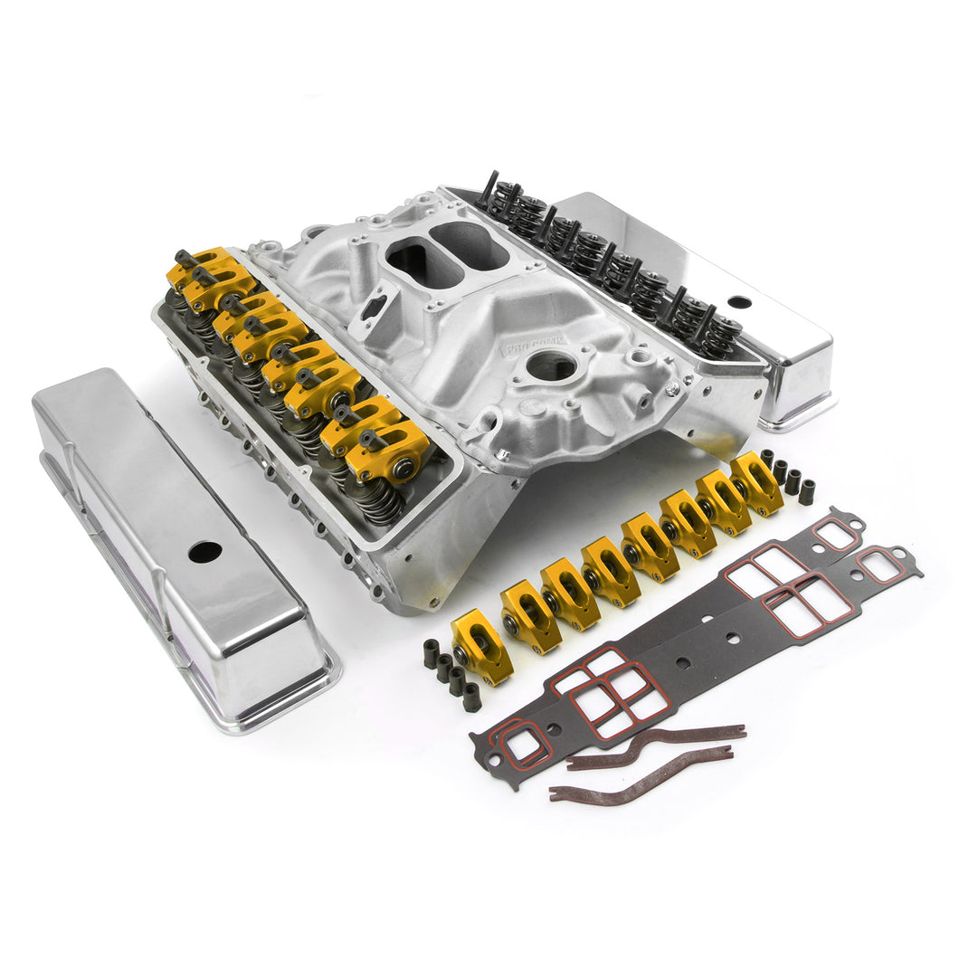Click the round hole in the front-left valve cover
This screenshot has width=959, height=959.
tap(204, 551)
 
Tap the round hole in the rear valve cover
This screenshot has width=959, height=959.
tap(739, 302)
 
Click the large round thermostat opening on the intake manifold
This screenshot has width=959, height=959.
tap(553, 366)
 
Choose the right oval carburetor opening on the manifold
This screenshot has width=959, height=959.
tap(469, 242)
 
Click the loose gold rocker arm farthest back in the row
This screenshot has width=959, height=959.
tap(756, 482)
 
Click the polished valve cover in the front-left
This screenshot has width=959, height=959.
tap(181, 543)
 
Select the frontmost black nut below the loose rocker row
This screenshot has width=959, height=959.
tap(471, 697)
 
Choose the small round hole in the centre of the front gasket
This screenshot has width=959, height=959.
tap(682, 663)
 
